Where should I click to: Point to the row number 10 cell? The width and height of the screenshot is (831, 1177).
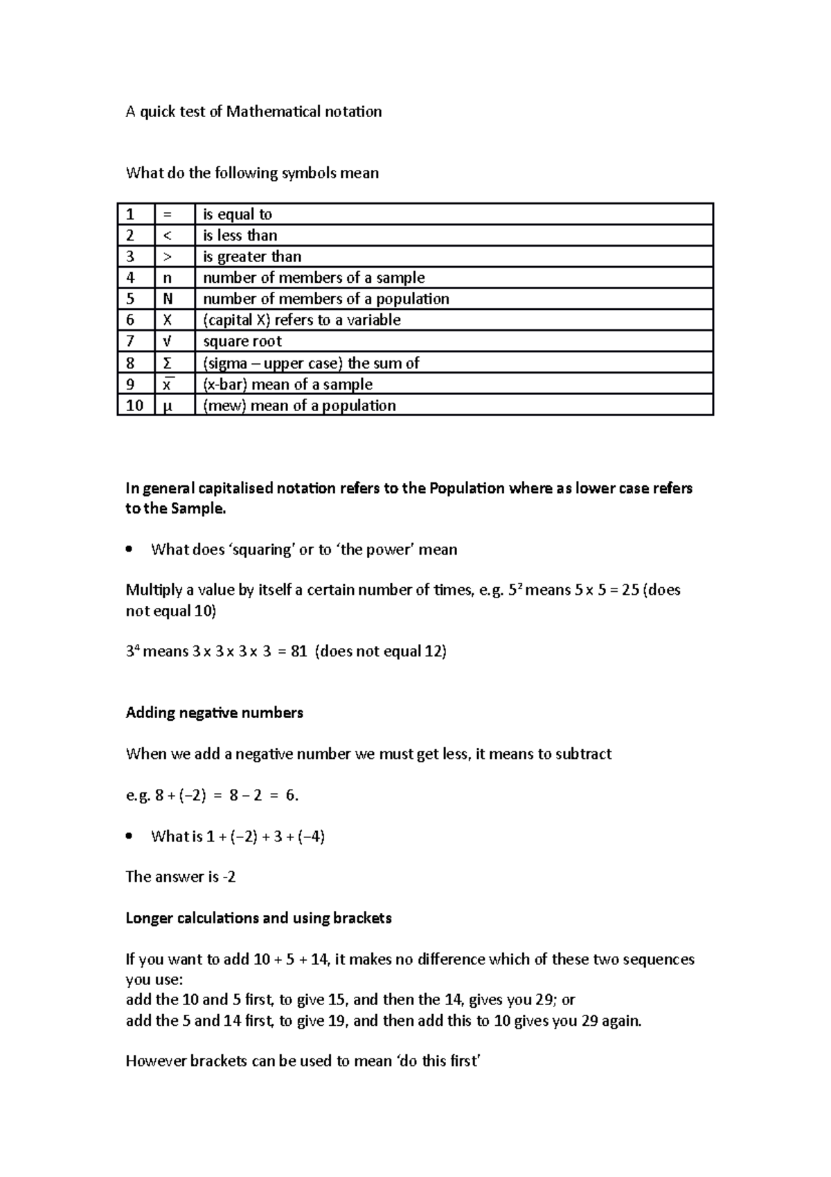(x=134, y=406)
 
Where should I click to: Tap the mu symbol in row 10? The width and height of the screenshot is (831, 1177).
(x=166, y=406)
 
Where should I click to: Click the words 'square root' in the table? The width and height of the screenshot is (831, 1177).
(x=242, y=341)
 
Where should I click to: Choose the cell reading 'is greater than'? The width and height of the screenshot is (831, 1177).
(x=251, y=256)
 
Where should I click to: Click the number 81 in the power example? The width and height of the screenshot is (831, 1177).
(x=298, y=652)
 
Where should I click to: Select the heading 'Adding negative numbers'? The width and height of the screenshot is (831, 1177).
(x=214, y=713)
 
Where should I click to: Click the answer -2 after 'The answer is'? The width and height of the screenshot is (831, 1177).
(x=229, y=877)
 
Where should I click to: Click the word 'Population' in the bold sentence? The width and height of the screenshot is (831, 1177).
(x=467, y=488)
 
